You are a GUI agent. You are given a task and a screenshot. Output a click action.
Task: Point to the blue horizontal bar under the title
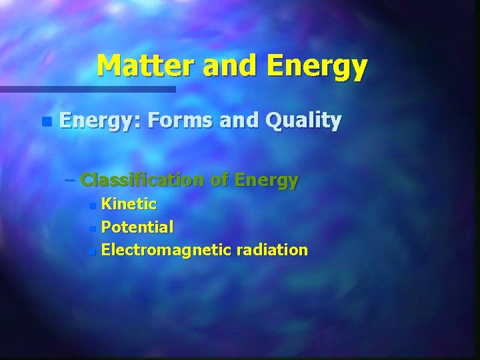click(87, 89)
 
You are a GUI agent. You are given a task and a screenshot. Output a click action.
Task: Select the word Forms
click(180, 121)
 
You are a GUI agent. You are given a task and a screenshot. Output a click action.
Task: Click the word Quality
click(303, 121)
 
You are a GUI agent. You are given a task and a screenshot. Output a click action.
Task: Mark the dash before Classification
click(71, 180)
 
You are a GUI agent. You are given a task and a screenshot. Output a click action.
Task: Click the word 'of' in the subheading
click(219, 180)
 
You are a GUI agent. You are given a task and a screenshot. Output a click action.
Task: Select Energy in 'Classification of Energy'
click(267, 180)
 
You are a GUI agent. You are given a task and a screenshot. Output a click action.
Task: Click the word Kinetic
click(129, 204)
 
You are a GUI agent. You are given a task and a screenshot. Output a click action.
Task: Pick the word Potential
click(137, 227)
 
